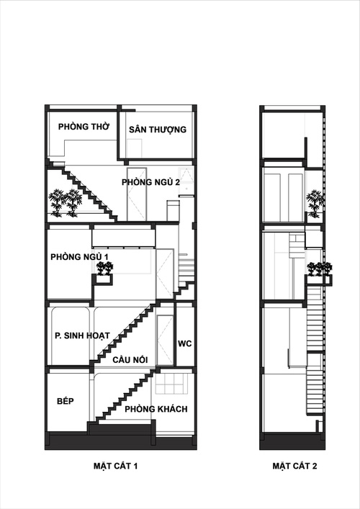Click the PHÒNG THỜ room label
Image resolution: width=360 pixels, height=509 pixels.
coord(84,126)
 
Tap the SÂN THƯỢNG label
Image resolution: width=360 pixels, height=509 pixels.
coord(158,130)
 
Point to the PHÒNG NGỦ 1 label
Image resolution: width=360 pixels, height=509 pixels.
coord(79,257)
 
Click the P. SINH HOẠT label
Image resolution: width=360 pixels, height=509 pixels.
coord(82,335)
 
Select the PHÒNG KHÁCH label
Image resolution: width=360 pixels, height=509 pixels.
coord(156,409)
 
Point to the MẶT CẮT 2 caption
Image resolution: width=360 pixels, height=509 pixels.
coord(294,466)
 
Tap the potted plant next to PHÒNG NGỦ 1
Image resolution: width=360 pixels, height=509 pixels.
coord(106,269)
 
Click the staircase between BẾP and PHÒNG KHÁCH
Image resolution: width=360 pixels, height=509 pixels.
coord(122,400)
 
